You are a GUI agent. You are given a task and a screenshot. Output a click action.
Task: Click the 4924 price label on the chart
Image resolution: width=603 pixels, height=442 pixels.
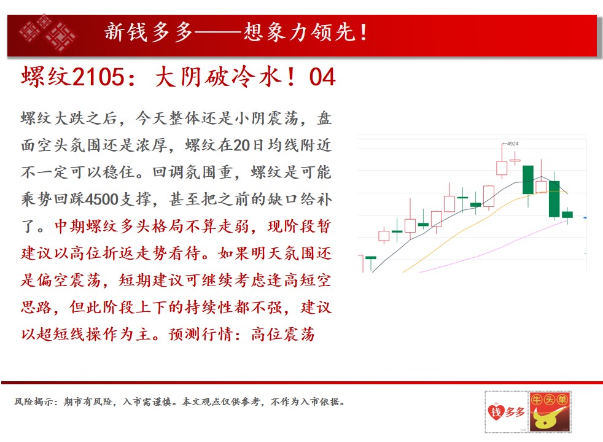coord(513,144)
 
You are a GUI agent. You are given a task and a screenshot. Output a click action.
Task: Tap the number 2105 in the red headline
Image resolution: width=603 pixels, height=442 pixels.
coord(98,77)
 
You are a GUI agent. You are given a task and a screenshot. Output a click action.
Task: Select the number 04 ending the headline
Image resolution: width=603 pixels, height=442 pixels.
coord(322,77)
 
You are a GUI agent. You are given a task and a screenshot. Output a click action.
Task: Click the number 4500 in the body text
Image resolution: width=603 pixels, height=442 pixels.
coord(102,199)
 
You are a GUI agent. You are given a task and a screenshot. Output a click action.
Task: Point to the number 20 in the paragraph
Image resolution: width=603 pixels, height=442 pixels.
coord(241,145)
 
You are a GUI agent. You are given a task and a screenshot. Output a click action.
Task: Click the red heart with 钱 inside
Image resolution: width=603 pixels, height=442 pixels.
coord(496,412)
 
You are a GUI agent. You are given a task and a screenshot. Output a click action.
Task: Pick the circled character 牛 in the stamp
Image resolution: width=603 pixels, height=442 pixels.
coord(537,400)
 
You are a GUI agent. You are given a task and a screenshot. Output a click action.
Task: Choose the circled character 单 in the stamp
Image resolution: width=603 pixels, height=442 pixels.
coord(562,400)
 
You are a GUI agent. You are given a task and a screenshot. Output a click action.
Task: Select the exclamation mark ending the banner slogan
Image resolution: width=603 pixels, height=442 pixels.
coord(364,33)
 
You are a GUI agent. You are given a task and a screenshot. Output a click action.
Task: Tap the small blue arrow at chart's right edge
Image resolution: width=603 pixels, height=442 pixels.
coord(585,218)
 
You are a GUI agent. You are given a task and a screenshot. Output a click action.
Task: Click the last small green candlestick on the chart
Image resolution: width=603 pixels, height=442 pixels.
coord(567,214)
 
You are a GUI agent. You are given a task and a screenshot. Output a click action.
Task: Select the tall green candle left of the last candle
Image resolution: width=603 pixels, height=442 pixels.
coord(554,199)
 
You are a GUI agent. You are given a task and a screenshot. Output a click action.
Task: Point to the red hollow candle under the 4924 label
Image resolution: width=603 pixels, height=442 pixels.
coord(502,168)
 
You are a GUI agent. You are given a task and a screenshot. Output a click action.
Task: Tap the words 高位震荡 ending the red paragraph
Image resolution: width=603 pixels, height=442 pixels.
coord(283,334)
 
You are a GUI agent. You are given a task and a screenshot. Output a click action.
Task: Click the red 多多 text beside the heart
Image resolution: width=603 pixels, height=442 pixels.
coord(515,412)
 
